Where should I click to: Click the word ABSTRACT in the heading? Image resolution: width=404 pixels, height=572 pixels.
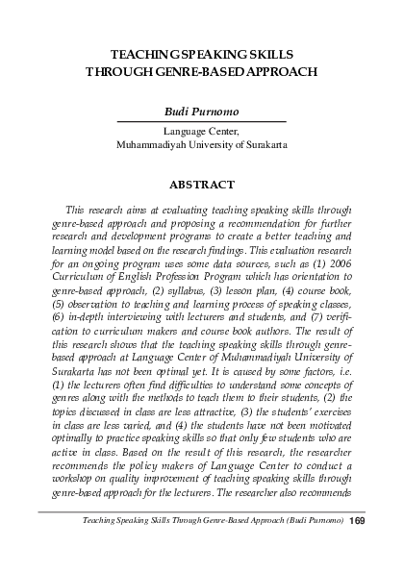202,184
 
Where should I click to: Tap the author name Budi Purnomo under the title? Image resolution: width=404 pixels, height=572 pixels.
202,112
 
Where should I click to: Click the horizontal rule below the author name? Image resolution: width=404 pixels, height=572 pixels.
202,122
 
